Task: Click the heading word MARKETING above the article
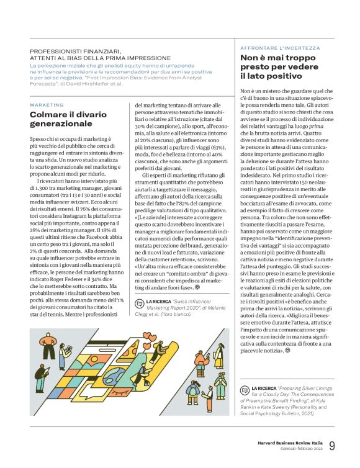[47, 105]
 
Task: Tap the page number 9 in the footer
[333, 446]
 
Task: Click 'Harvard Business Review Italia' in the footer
[290, 443]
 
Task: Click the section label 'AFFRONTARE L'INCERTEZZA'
[280, 48]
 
